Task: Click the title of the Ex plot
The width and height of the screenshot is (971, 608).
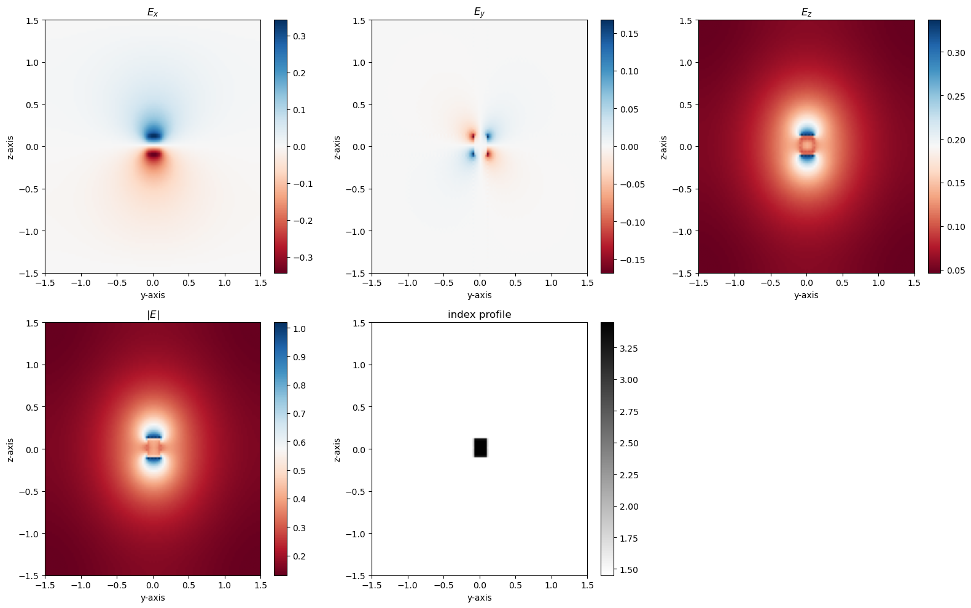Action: click(152, 12)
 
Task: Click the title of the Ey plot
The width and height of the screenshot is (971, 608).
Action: click(479, 12)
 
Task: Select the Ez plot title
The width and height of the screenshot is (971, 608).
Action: click(806, 12)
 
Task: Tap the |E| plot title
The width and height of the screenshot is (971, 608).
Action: click(152, 315)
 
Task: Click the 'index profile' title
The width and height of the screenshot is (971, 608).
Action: click(479, 315)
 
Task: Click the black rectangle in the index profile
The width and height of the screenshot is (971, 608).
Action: click(480, 448)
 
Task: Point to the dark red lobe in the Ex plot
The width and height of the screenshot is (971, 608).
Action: click(153, 154)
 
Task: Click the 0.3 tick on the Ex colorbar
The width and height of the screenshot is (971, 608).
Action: click(300, 36)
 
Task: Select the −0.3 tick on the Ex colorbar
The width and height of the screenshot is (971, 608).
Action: click(301, 258)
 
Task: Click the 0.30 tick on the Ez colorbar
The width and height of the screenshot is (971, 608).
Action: click(956, 53)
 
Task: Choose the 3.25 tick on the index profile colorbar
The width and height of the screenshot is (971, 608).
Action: click(628, 349)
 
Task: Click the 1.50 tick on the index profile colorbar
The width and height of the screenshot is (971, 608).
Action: click(628, 570)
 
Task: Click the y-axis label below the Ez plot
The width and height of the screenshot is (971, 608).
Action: click(806, 295)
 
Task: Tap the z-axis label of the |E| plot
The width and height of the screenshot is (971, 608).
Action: click(10, 450)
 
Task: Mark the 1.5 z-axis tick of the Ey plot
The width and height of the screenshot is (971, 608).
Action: click(359, 20)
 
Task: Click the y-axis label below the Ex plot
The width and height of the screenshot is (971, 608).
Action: click(152, 295)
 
